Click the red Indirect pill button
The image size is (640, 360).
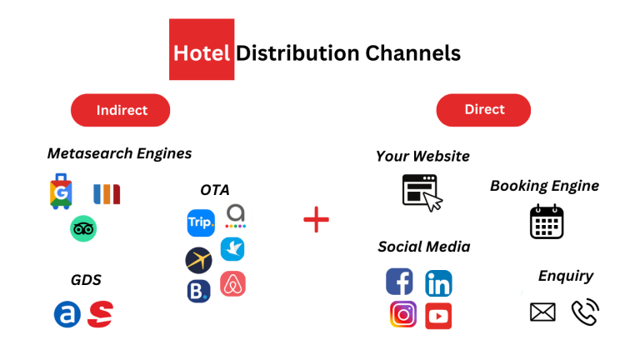(x=120, y=110)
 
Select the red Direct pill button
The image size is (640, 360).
(x=483, y=110)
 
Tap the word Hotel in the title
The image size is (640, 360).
(x=202, y=53)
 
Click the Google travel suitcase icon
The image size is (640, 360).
(x=61, y=192)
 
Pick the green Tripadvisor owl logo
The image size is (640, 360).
(x=83, y=228)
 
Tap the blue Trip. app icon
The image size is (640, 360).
(x=201, y=222)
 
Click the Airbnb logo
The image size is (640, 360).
(x=233, y=283)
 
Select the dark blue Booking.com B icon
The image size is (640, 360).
(x=199, y=291)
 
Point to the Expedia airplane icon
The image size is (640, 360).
(x=199, y=260)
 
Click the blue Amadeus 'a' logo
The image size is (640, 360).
(x=67, y=314)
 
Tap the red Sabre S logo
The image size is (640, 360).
(x=100, y=314)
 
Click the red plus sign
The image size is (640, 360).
(x=317, y=220)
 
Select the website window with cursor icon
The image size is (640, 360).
(x=422, y=192)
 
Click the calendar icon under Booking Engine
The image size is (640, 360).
(x=547, y=222)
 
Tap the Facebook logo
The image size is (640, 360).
(x=400, y=282)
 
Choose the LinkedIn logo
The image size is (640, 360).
(x=439, y=282)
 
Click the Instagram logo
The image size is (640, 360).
(x=403, y=314)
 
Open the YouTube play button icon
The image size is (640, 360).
(x=438, y=316)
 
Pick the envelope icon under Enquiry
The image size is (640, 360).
(x=542, y=312)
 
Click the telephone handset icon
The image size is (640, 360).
(x=584, y=312)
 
